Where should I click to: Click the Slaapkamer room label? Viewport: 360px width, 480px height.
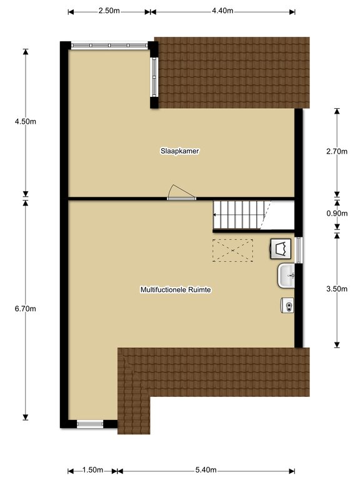tap(180, 151)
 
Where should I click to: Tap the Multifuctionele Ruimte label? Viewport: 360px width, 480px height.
tap(176, 289)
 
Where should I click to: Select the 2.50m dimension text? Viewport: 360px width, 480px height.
tap(109, 11)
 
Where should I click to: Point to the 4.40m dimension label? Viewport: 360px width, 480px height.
tap(222, 11)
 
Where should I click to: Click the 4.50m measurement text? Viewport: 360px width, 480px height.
tap(26, 121)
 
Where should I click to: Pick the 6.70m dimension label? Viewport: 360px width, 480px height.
tap(26, 309)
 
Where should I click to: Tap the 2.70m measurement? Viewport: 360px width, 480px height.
tap(337, 151)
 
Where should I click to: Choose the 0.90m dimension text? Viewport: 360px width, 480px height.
tap(337, 213)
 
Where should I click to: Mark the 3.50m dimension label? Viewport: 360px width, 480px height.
tap(337, 289)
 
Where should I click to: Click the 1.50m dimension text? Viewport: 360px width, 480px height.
tap(92, 469)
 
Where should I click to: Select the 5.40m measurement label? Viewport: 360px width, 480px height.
tap(206, 469)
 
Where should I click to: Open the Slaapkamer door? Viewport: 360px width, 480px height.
tap(181, 193)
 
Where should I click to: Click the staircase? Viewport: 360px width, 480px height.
tap(242, 214)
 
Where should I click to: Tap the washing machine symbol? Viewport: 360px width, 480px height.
tap(281, 249)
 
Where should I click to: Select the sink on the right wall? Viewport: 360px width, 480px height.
tap(286, 276)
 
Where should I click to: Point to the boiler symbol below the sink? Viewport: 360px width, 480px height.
tap(287, 305)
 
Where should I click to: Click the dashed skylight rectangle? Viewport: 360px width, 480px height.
tap(232, 251)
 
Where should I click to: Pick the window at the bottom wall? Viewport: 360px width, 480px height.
tap(90, 424)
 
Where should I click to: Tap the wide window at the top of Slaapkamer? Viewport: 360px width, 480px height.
tap(109, 45)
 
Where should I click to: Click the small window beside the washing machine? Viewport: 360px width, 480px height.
tap(299, 250)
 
